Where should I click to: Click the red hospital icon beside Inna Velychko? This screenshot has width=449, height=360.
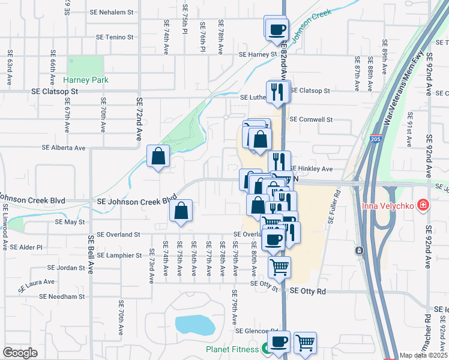424,206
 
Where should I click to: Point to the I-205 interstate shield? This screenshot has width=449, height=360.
375,139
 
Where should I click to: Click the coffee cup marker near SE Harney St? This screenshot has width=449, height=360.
277,30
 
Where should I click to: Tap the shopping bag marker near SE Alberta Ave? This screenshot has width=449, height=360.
158,157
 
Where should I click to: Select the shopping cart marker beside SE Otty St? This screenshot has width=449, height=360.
279,267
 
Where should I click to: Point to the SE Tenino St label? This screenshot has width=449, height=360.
116,37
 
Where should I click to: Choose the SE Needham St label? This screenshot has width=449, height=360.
62,296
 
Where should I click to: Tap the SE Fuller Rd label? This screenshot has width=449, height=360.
334,207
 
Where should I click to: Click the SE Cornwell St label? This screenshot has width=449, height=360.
311,119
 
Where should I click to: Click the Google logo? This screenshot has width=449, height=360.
20,353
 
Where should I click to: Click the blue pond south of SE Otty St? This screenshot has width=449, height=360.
196,325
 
